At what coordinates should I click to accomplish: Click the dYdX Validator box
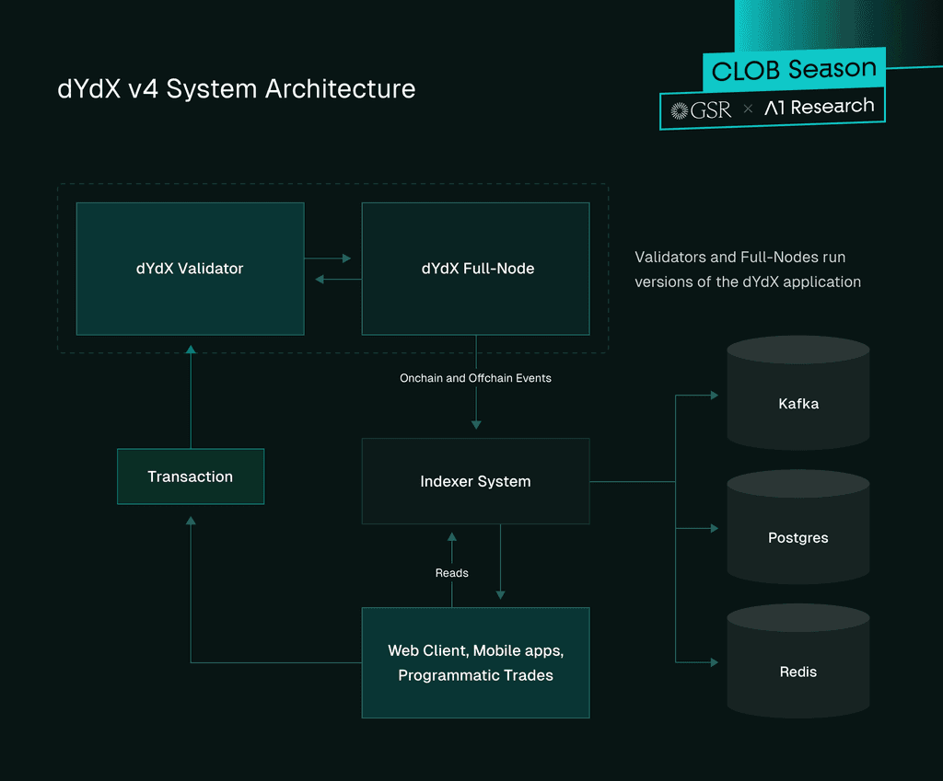point(190,269)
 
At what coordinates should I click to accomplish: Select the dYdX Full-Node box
point(476,269)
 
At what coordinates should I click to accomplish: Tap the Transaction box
point(191,477)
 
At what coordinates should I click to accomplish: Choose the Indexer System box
point(476,481)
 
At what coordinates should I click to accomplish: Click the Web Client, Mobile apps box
point(476,662)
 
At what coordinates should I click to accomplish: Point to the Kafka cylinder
point(798,393)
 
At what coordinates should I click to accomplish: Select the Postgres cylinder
point(798,527)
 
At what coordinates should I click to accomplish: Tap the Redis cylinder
point(798,660)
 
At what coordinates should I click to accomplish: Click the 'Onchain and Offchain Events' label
point(476,378)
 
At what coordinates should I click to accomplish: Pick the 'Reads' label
point(451,573)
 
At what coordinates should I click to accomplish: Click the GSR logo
point(701,110)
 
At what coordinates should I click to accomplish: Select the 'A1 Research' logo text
point(819,107)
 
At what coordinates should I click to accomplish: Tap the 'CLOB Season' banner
point(794,69)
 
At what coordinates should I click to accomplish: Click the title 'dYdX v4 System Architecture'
point(237,89)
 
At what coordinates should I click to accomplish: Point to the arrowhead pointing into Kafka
point(715,396)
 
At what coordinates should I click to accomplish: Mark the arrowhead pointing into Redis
point(715,662)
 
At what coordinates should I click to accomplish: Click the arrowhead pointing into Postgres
point(715,528)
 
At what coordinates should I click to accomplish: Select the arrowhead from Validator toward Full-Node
point(347,258)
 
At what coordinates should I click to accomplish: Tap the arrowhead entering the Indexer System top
point(476,425)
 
